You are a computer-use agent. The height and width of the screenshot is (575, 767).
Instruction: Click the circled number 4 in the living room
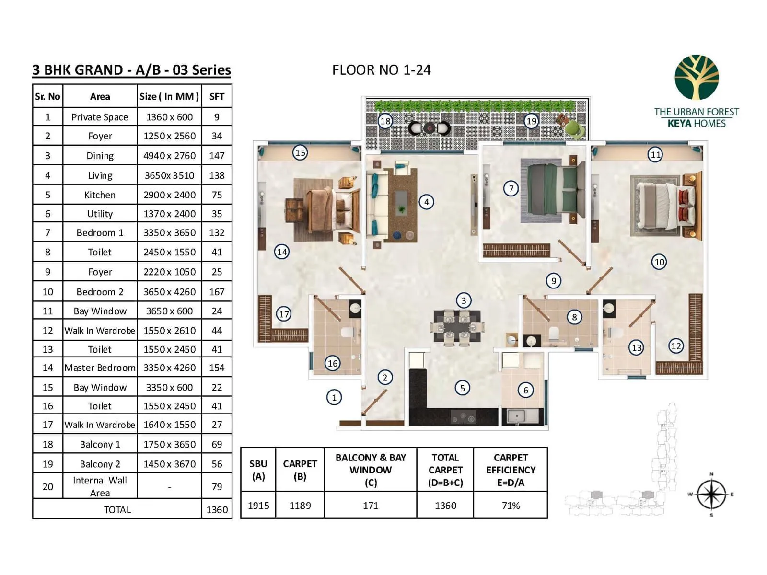[426, 202]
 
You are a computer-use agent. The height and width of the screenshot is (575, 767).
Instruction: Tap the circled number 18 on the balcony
[385, 121]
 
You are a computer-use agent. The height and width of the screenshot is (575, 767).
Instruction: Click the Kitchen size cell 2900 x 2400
[169, 195]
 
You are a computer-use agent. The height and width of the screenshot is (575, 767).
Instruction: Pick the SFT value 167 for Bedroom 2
[217, 292]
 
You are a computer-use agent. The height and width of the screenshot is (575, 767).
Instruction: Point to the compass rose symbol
[711, 494]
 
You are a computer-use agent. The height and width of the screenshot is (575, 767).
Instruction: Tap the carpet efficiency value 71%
[511, 506]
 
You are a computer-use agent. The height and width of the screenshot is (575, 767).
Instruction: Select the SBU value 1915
[258, 506]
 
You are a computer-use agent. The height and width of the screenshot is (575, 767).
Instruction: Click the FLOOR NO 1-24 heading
[381, 70]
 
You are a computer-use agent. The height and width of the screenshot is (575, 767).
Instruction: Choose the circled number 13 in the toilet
[636, 347]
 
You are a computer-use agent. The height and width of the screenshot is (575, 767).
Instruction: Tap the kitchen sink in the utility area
[516, 416]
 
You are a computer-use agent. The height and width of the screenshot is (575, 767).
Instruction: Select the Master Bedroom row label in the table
[100, 368]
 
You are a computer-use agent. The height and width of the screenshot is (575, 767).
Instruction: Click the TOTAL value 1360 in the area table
[217, 509]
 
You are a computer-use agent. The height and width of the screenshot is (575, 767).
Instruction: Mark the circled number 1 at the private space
[334, 397]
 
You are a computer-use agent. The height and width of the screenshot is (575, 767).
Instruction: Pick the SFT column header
[217, 96]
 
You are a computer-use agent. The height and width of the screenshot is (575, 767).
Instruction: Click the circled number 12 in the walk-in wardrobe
[676, 345]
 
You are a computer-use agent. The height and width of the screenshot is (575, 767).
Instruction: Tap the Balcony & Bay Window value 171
[371, 506]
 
